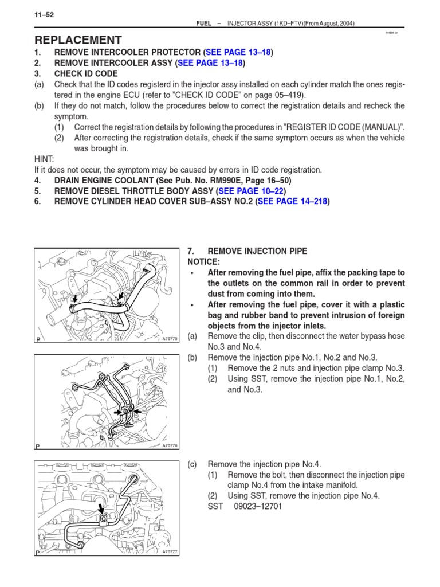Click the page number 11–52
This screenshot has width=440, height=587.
point(45,15)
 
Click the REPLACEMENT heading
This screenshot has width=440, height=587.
point(78,40)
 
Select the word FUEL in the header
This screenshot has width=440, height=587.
point(204,23)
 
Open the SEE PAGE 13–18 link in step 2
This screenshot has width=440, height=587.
point(210,63)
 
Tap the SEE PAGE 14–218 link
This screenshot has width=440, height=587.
point(294,201)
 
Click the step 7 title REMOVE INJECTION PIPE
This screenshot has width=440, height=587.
point(257,251)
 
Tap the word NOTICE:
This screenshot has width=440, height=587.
point(203,261)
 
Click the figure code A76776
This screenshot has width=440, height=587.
point(170,445)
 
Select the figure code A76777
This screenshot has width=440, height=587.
point(170,551)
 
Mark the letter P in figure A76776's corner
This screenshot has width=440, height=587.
point(38,445)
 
